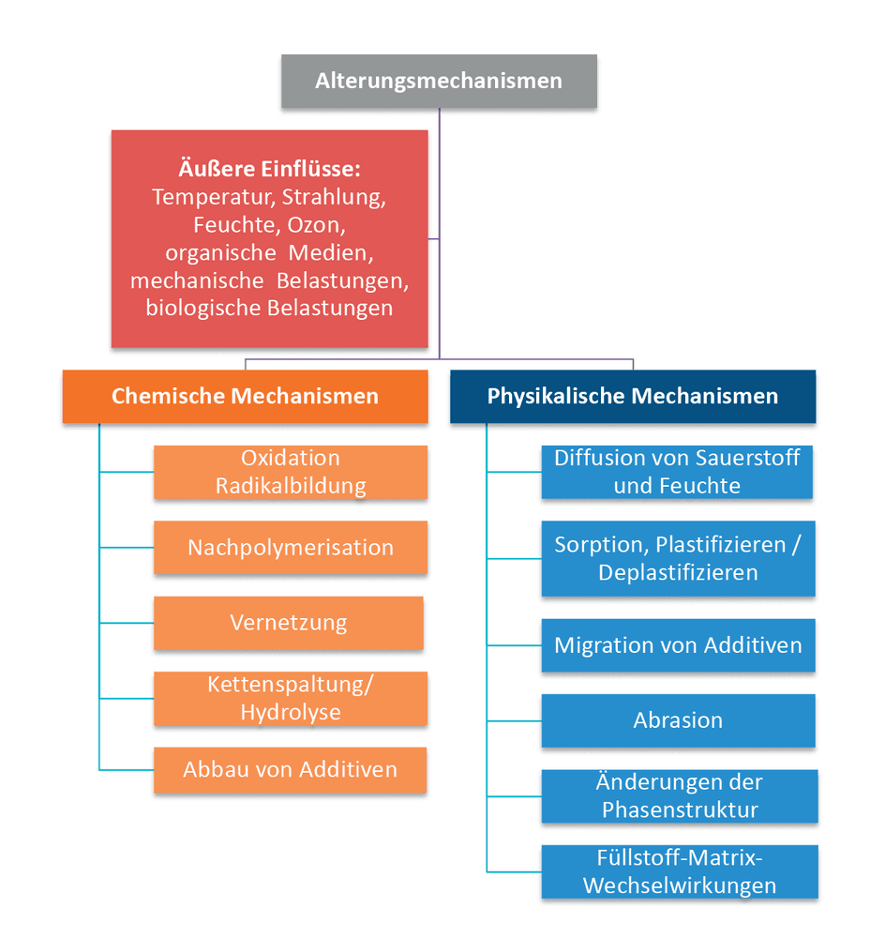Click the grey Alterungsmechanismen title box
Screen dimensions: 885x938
(439, 82)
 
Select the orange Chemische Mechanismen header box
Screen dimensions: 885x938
(246, 397)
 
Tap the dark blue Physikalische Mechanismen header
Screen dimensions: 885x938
(633, 397)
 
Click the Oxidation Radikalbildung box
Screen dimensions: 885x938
(291, 472)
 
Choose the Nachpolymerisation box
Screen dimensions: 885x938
(291, 548)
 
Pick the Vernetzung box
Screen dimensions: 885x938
(289, 623)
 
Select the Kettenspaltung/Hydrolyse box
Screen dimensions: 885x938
(291, 698)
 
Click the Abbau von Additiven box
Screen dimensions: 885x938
(290, 770)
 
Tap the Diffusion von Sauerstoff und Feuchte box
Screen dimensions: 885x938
(677, 472)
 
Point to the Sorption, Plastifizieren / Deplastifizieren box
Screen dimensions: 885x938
(678, 559)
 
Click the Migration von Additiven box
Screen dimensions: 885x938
(678, 645)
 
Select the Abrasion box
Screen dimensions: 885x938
(678, 720)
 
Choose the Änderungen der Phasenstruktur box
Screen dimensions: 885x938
(680, 796)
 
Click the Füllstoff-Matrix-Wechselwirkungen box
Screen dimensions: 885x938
(680, 871)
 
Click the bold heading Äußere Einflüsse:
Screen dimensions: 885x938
(270, 169)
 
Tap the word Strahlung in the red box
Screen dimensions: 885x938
(334, 197)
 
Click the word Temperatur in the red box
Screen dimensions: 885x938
(214, 197)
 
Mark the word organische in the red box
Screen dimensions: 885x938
(220, 253)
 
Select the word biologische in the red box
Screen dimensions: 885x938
(203, 309)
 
